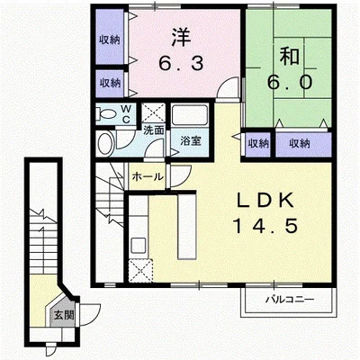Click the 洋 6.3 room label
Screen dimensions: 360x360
click(x=181, y=50)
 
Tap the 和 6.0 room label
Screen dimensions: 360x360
click(x=290, y=69)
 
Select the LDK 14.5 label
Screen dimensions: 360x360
click(x=265, y=213)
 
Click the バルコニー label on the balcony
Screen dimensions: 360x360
click(x=290, y=300)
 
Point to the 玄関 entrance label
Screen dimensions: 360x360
click(x=64, y=315)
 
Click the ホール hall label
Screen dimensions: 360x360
click(x=148, y=177)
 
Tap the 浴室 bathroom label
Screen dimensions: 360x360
click(x=191, y=140)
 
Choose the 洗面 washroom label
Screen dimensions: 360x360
click(x=154, y=130)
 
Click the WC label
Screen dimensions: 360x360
click(x=126, y=114)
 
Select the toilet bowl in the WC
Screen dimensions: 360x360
click(x=105, y=114)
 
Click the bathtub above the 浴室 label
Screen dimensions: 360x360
click(x=189, y=115)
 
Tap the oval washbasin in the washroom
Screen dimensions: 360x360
click(x=106, y=143)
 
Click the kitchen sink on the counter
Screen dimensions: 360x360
click(x=139, y=245)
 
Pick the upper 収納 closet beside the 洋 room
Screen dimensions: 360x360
click(x=110, y=37)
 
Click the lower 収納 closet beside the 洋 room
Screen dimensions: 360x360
click(x=110, y=83)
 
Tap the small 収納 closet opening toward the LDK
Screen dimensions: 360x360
click(x=257, y=144)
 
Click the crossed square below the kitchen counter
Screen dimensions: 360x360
click(x=140, y=271)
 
